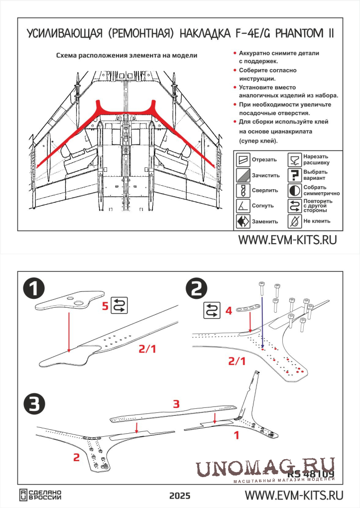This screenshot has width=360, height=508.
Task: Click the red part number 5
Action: pos(105,306)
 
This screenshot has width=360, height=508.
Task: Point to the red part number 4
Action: pos(228,311)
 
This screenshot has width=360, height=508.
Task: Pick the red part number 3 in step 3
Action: pos(175,404)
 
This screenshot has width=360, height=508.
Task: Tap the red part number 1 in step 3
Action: pos(237,435)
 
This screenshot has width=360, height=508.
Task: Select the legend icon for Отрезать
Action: pos(242,160)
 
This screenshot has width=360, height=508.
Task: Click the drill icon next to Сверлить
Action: pos(242,190)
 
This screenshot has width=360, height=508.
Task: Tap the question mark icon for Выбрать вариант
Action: pos(294,175)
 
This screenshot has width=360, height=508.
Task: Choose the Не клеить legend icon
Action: pos(294,221)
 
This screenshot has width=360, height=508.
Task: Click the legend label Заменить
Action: pos(265,221)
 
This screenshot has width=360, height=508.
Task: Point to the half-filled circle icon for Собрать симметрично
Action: pos(294,190)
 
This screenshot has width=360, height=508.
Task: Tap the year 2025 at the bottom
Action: pos(179,496)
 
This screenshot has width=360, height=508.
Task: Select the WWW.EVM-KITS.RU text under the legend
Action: pos(287,240)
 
